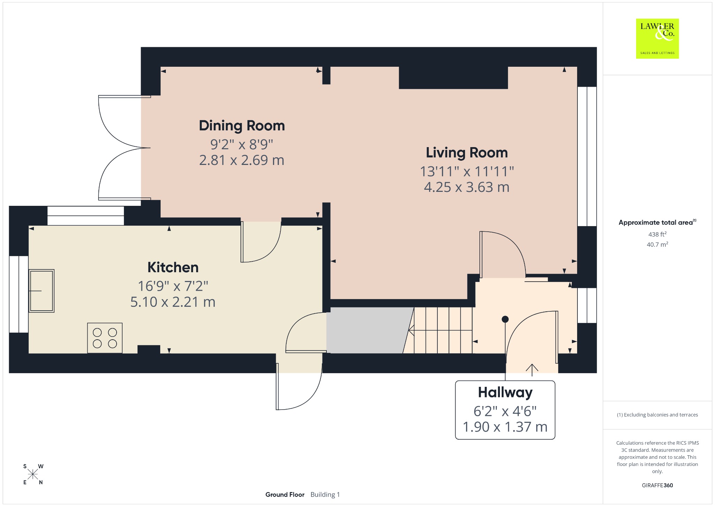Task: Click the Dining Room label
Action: [x=242, y=126]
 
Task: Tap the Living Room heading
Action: [x=467, y=153]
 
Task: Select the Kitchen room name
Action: [x=173, y=267]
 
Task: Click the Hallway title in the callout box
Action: [x=505, y=393]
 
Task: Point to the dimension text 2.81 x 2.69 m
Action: [x=242, y=160]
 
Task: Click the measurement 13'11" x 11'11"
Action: [x=467, y=171]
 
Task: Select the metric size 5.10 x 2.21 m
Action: [x=173, y=302]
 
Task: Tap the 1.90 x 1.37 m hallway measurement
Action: [x=505, y=427]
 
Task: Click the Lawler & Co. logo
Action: [x=657, y=38]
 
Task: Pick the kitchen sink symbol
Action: [x=41, y=291]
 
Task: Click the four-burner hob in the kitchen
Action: [x=105, y=338]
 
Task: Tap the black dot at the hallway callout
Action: [x=505, y=319]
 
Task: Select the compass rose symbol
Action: [x=33, y=474]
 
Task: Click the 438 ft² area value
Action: [x=657, y=234]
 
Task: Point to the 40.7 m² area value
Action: [x=657, y=244]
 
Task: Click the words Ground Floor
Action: [x=285, y=494]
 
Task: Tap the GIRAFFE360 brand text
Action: [x=657, y=485]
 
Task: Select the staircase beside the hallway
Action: [x=438, y=330]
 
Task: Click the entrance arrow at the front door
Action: [x=532, y=370]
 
